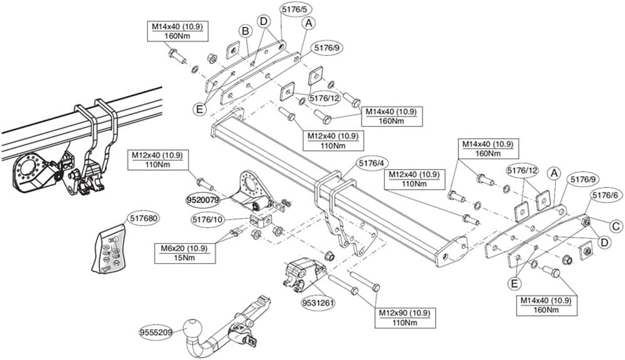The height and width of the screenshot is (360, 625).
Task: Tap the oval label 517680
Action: tap(143, 219)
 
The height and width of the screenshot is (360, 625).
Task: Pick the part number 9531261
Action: tap(319, 302)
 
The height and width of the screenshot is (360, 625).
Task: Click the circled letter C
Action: tap(616, 225)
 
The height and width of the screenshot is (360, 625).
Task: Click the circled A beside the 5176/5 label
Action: tap(309, 23)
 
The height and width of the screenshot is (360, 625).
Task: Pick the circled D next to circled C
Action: tap(604, 243)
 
